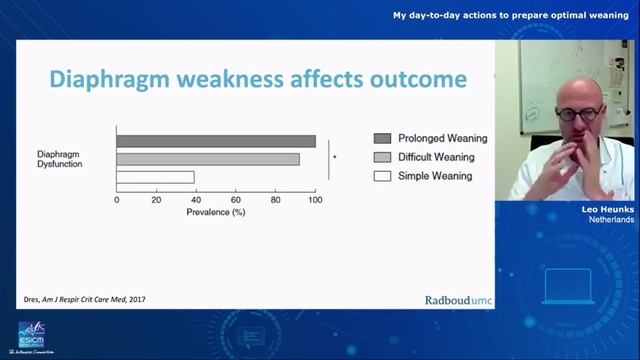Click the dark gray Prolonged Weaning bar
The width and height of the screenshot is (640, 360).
pyautogui.click(x=215, y=141)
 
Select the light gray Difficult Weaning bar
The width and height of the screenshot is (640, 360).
pyautogui.click(x=208, y=159)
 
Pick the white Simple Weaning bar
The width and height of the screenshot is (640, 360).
pyautogui.click(x=155, y=177)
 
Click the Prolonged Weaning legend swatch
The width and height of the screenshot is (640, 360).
pyautogui.click(x=382, y=138)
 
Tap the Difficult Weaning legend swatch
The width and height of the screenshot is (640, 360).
pyautogui.click(x=382, y=157)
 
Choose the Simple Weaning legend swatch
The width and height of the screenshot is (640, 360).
pyautogui.click(x=382, y=176)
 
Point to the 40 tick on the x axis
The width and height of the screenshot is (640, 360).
pyautogui.click(x=195, y=200)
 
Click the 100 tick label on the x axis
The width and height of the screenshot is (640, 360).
pyautogui.click(x=315, y=200)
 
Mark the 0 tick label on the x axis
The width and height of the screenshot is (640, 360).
pyautogui.click(x=117, y=200)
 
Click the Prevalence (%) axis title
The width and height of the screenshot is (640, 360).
pyautogui.click(x=215, y=212)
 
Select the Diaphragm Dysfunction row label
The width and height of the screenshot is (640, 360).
pyautogui.click(x=60, y=159)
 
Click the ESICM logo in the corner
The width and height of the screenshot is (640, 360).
pyautogui.click(x=32, y=335)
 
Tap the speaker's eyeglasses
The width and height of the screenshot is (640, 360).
pyautogui.click(x=577, y=114)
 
